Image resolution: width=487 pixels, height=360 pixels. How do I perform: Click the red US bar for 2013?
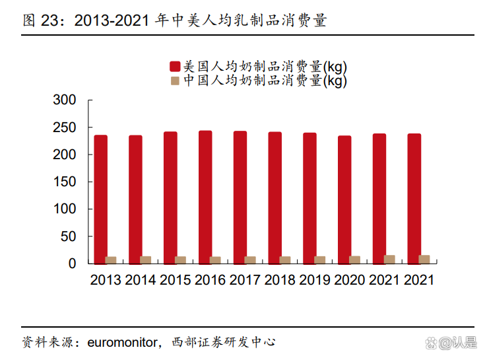click(x=100, y=199)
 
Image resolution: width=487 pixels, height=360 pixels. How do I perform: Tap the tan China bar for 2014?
click(x=146, y=260)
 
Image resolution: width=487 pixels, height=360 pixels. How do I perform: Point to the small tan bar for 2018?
click(x=285, y=260)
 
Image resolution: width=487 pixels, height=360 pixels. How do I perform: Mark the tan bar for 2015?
click(x=180, y=260)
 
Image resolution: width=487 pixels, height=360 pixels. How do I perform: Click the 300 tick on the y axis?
click(x=65, y=100)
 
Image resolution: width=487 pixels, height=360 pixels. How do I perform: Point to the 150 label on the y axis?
click(x=65, y=182)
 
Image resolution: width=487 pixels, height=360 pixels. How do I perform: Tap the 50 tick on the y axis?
click(x=69, y=236)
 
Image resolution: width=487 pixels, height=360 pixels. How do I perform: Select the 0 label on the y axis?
click(x=73, y=264)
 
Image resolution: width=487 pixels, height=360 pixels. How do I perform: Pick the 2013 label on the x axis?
click(x=106, y=280)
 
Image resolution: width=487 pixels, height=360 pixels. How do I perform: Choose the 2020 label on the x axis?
click(x=350, y=280)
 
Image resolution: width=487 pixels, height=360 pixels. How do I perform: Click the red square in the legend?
click(x=175, y=66)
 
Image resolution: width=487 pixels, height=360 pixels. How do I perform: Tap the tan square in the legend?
click(x=175, y=81)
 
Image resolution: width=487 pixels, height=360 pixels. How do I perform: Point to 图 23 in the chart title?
click(x=41, y=20)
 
